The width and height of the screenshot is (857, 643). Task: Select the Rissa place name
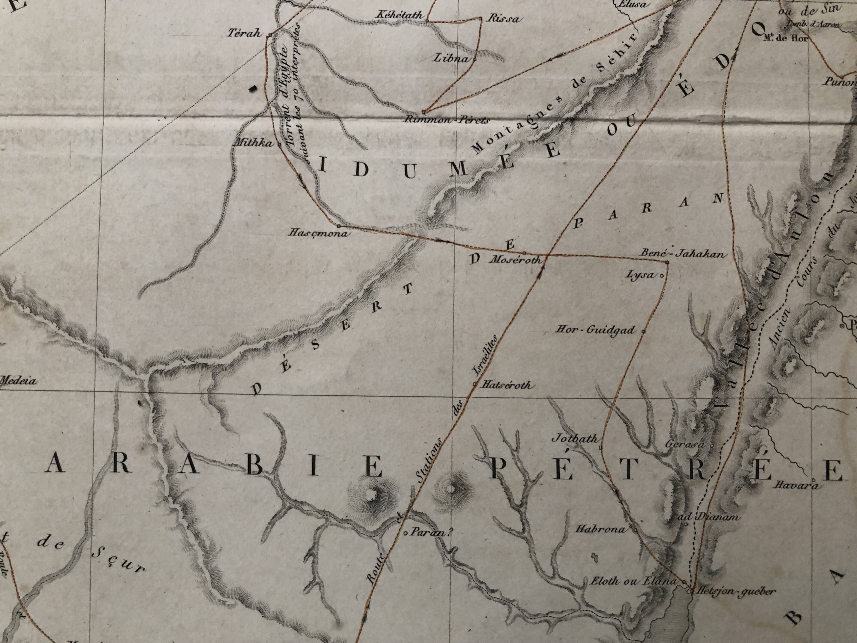(x=502, y=19)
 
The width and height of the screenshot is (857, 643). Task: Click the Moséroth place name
(x=515, y=260)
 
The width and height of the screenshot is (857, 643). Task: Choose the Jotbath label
(x=575, y=439)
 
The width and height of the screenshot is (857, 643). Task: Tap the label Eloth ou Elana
(x=633, y=581)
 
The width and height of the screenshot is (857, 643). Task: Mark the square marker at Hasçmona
(x=339, y=225)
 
